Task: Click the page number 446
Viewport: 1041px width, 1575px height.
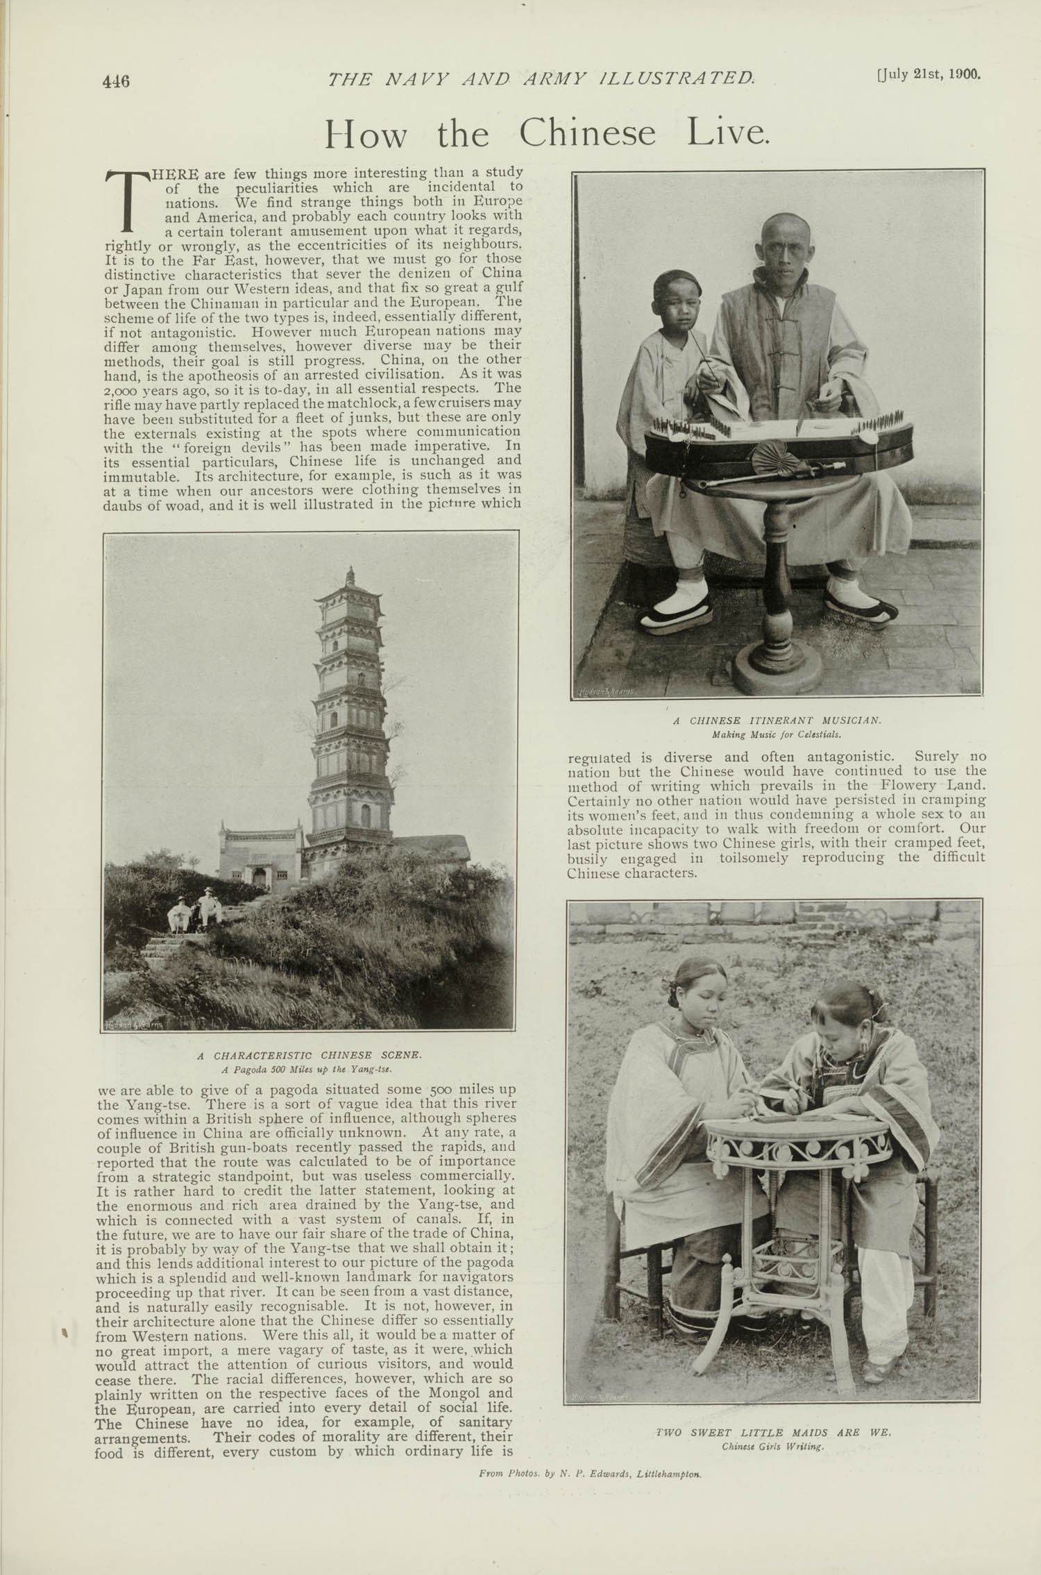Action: pyautogui.click(x=116, y=81)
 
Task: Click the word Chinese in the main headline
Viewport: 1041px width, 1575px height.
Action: pyautogui.click(x=587, y=133)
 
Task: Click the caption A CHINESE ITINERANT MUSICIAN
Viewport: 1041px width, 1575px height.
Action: pyautogui.click(x=777, y=721)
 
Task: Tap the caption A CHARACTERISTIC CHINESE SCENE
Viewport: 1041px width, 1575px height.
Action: pyautogui.click(x=309, y=1055)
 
